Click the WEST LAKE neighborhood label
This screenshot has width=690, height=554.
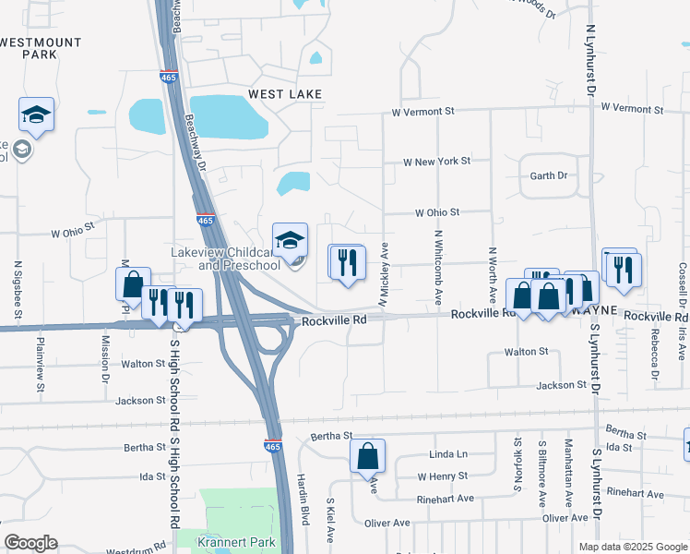tap(285, 94)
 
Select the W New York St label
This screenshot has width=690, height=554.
tap(436, 161)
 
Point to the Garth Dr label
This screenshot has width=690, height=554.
tap(548, 175)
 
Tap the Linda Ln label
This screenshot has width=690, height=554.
tap(449, 454)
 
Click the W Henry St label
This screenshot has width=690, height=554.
tap(443, 476)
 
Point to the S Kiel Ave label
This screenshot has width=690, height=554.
tap(329, 522)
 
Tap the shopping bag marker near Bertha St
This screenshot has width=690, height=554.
tap(367, 455)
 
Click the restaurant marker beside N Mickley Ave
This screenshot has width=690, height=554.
tap(347, 262)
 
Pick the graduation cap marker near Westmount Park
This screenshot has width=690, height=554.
tap(36, 114)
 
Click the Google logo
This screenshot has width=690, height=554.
tap(30, 543)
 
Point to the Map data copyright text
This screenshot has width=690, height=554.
tap(632, 547)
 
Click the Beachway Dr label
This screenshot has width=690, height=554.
tap(192, 143)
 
